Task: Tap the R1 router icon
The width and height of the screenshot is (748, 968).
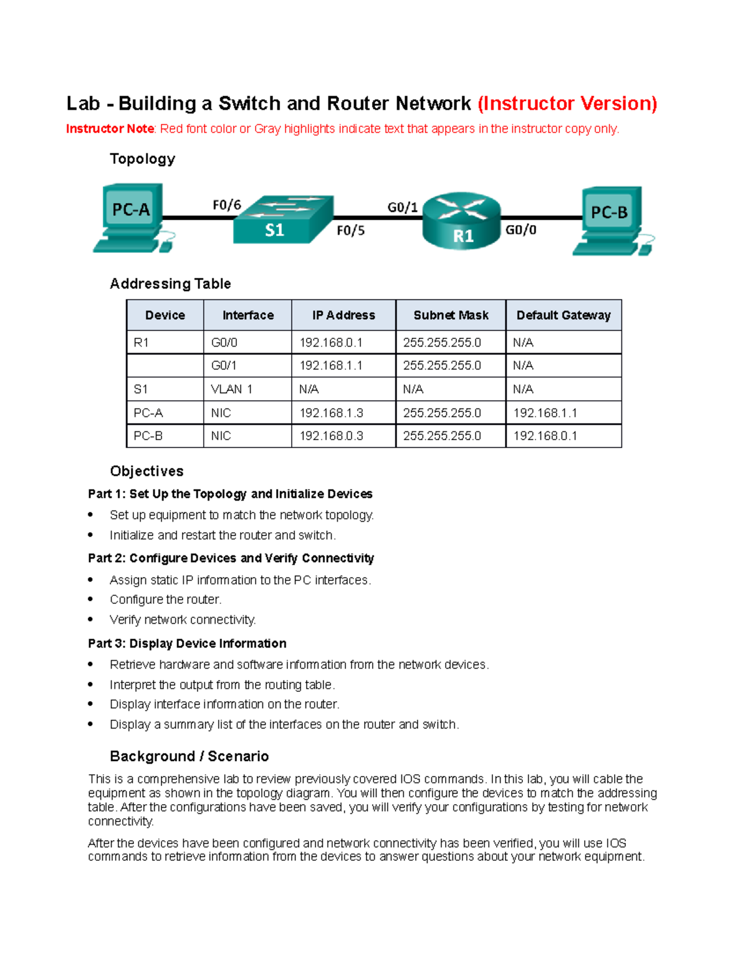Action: coord(462,221)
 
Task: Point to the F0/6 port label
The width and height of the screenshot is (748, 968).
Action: coord(227,205)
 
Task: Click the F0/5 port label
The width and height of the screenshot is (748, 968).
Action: coord(350,231)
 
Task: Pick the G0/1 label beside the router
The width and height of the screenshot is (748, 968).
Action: coord(403,207)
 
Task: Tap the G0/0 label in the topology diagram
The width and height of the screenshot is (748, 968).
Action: coord(520,230)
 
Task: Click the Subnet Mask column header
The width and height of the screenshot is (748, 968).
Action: coord(451,315)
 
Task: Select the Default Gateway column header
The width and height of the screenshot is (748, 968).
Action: coord(563,315)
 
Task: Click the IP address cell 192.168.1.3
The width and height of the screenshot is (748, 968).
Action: coord(331,413)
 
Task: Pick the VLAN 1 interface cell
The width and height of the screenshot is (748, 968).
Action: coord(232,389)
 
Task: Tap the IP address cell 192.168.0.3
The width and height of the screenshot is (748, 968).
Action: coord(331,436)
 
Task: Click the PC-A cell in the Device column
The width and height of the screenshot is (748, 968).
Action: coord(148,413)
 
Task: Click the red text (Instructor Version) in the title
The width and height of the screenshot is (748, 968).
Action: coord(567,103)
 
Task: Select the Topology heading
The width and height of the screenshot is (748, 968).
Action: coord(142,159)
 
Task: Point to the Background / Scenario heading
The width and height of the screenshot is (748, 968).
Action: coord(189,756)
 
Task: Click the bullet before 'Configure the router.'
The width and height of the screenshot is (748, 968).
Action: coord(91,599)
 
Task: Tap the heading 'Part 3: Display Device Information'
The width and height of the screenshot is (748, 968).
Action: coord(187,643)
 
